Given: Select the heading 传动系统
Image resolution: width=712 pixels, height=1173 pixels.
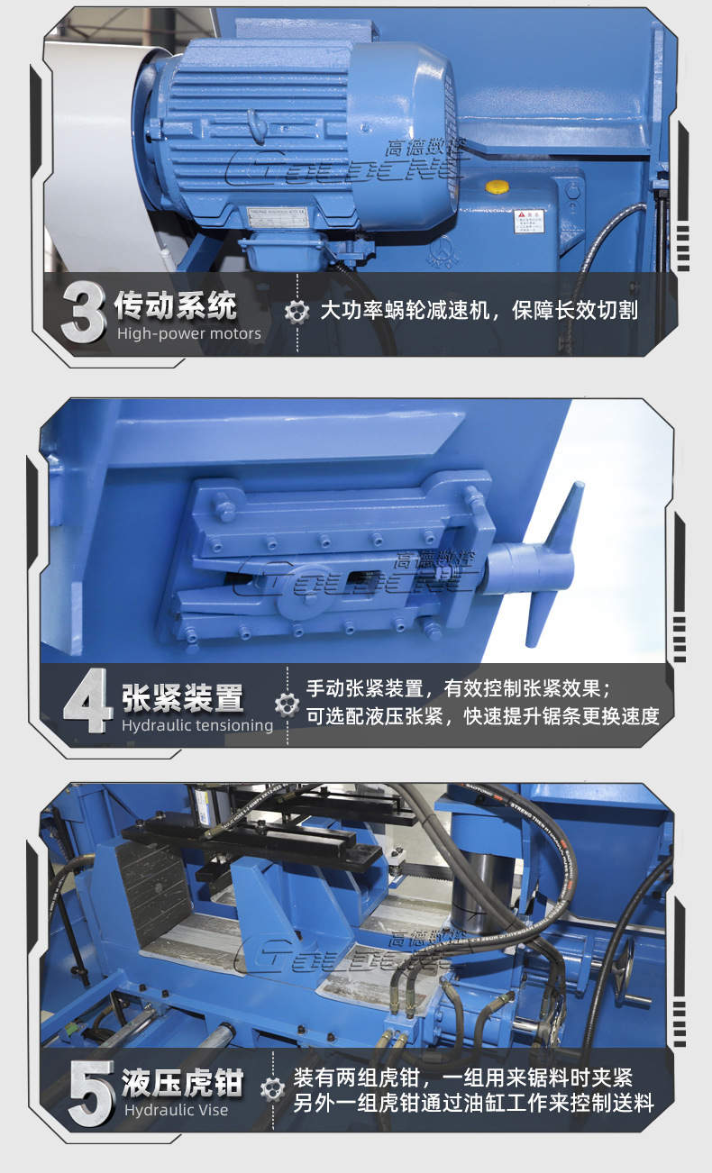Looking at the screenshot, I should pyautogui.click(x=177, y=306).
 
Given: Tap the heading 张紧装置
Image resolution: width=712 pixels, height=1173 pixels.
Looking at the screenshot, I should pyautogui.click(x=183, y=697).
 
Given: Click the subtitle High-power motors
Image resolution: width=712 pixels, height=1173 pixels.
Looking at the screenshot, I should pyautogui.click(x=189, y=334).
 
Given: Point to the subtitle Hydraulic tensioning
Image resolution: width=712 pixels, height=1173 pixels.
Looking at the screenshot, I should pyautogui.click(x=197, y=725).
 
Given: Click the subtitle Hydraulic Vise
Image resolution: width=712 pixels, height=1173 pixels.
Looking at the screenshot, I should pyautogui.click(x=176, y=1111).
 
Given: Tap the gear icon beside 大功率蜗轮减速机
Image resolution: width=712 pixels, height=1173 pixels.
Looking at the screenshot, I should pyautogui.click(x=297, y=312).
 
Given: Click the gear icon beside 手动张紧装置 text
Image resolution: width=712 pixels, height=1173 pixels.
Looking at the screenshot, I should pyautogui.click(x=287, y=705).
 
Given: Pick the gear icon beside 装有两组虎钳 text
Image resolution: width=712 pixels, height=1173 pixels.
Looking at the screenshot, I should pyautogui.click(x=272, y=1089).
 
